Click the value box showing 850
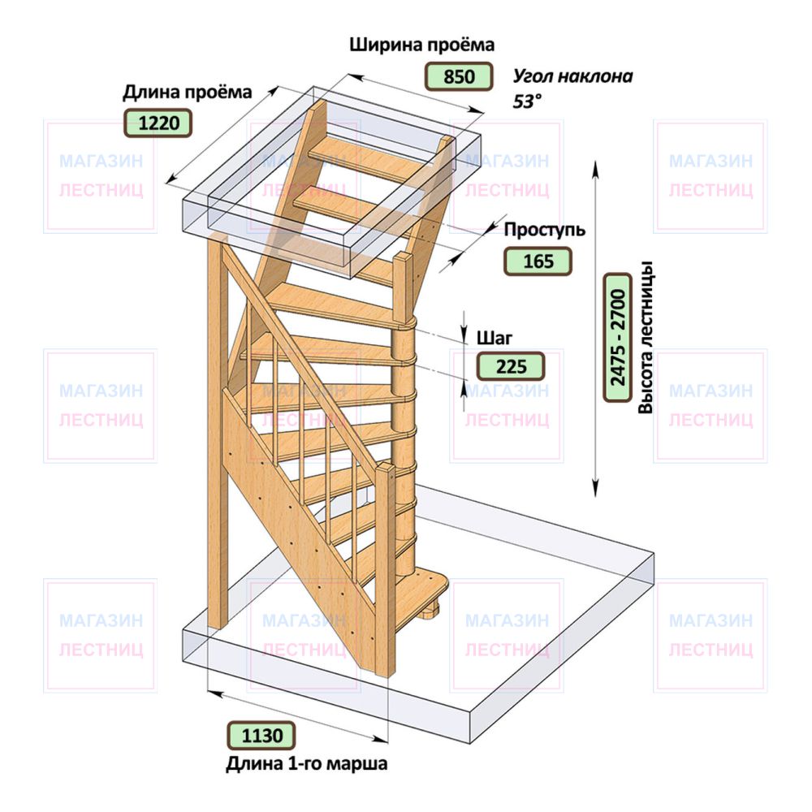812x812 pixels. (458, 76)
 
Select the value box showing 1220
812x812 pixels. (158, 123)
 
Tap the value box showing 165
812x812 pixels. (538, 261)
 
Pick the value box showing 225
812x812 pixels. (511, 366)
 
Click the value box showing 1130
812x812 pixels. (261, 735)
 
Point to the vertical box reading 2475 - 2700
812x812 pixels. (618, 338)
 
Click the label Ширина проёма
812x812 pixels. (422, 45)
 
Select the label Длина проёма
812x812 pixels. (187, 93)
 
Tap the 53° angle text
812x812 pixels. (527, 101)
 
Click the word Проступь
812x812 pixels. (544, 230)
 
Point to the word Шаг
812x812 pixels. (494, 338)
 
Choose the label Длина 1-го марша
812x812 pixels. (307, 764)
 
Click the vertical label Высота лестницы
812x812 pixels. (646, 338)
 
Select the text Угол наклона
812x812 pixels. (572, 76)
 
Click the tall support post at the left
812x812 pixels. (218, 430)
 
